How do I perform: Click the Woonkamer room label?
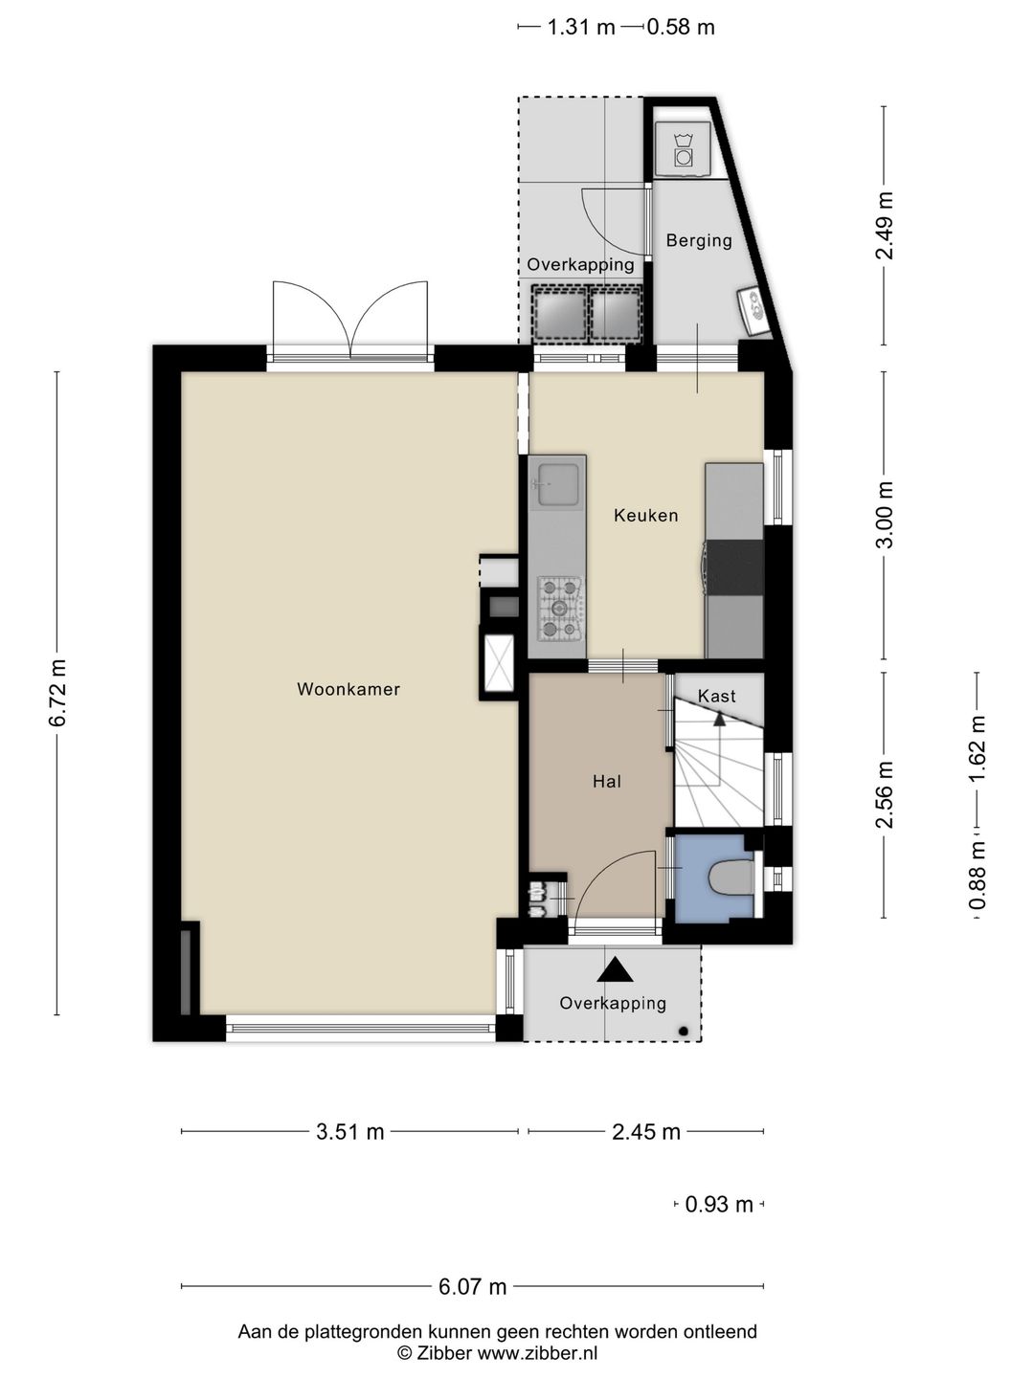click(348, 689)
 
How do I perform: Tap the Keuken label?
click(646, 516)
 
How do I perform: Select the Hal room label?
click(607, 782)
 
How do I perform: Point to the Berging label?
click(699, 241)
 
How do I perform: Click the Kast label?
click(716, 696)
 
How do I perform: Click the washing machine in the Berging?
click(683, 148)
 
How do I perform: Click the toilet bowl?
click(731, 877)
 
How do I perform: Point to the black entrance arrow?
click(614, 970)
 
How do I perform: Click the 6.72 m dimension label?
click(57, 693)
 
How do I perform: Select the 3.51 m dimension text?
click(349, 1131)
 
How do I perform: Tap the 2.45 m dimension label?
click(646, 1131)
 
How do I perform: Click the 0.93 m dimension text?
click(719, 1204)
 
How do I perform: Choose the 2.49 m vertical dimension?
click(885, 226)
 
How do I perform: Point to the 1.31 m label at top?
click(581, 27)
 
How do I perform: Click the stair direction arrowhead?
click(719, 719)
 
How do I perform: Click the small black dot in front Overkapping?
click(684, 1031)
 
